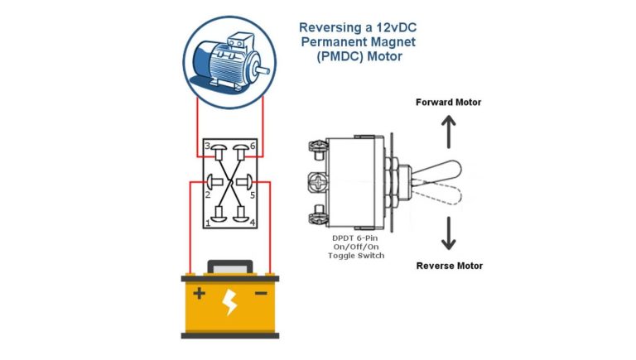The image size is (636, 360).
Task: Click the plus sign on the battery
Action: pos(199,294)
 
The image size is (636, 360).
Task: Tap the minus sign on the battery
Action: pos(260,294)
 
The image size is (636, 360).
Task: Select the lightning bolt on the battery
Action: pos(230,303)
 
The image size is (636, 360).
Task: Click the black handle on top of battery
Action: pos(229,266)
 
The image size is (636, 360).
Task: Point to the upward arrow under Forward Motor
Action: pos(448,131)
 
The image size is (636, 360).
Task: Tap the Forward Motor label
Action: pos(448,103)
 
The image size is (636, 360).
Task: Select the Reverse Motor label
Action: pos(449,266)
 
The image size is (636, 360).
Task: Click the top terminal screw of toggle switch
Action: pos(317,146)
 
